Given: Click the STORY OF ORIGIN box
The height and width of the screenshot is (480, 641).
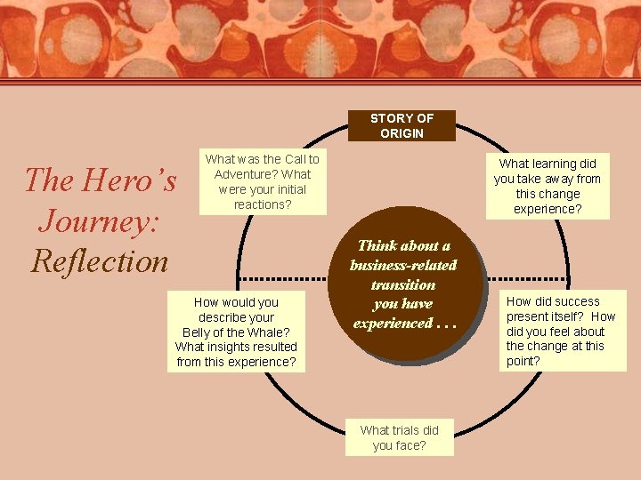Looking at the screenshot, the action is tap(402, 125).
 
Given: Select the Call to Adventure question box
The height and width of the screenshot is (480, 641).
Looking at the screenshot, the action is tap(262, 182).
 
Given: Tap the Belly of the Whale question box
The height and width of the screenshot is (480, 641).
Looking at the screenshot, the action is tap(236, 332).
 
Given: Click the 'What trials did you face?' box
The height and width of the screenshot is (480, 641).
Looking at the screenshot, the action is tap(399, 437).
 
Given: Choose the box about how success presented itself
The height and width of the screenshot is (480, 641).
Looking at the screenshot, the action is tap(562, 331).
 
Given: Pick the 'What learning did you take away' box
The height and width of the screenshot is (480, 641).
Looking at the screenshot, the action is tap(548, 186).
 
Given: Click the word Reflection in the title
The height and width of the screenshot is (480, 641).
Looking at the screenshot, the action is tap(99, 260).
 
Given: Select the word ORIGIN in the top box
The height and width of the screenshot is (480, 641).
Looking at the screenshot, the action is tap(402, 133).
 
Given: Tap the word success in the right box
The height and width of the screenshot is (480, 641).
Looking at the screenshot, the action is tap(576, 301).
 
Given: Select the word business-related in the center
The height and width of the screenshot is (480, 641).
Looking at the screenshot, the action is tap(403, 265).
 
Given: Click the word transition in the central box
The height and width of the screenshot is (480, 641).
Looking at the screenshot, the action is tap(403, 284).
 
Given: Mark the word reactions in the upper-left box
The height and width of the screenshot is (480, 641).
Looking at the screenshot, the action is tap(262, 204).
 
